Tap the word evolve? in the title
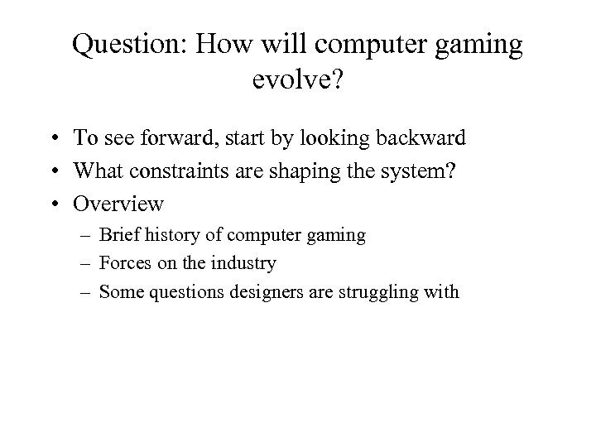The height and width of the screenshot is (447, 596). click(297, 81)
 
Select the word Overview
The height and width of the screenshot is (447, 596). click(119, 203)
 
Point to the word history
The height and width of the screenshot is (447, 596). click(176, 235)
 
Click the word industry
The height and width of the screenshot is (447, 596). click(243, 263)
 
